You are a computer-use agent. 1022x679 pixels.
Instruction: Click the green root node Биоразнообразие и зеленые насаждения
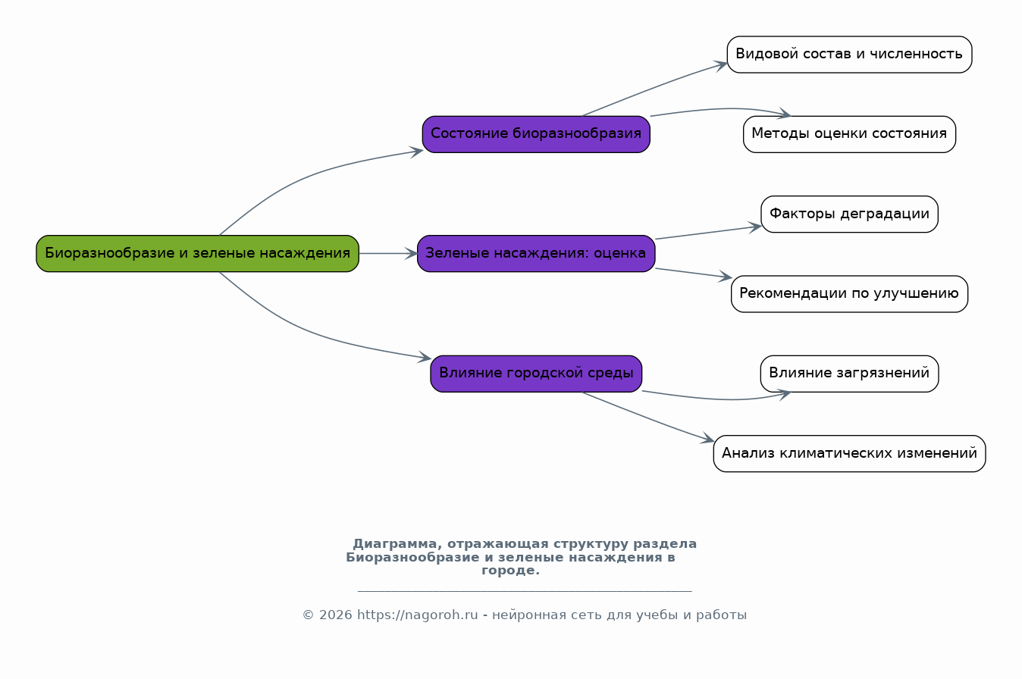[198, 254]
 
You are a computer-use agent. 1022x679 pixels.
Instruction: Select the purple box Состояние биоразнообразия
[536, 134]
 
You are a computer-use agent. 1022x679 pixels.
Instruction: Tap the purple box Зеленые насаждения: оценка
[536, 254]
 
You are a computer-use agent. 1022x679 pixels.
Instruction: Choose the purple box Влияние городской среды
[536, 374]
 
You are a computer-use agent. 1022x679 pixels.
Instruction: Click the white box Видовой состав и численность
[849, 55]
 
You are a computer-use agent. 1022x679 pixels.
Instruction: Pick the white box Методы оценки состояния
[849, 134]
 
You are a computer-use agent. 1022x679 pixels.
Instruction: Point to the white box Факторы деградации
[849, 214]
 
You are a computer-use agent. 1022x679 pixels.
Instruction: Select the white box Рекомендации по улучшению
[849, 294]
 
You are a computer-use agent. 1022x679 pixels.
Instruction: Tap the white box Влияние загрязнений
[849, 374]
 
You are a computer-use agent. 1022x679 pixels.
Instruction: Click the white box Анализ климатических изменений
[849, 453]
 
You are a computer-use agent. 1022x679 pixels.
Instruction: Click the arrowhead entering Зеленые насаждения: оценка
[412, 254]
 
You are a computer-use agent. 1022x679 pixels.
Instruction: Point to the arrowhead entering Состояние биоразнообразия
[416, 152]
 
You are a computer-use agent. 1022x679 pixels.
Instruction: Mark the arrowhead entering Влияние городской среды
[425, 358]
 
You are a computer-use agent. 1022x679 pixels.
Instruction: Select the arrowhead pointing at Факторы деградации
[756, 227]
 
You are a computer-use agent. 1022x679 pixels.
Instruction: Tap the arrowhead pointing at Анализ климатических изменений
[708, 438]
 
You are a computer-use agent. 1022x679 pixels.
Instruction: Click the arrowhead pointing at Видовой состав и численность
[721, 65]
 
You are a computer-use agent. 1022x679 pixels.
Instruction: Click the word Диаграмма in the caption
[396, 544]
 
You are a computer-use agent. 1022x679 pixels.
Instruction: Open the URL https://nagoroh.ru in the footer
[418, 615]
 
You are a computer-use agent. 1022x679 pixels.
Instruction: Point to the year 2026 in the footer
[335, 615]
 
